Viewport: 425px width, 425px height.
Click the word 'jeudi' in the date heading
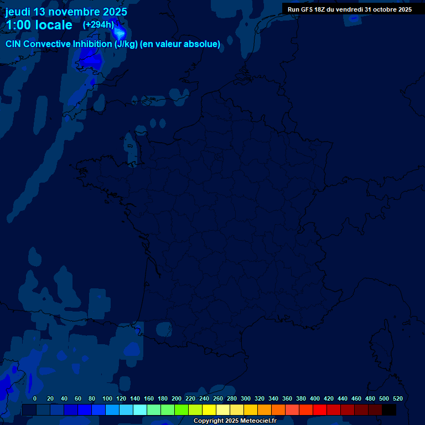pyautogui.click(x=18, y=12)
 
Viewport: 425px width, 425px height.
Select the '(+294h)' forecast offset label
pyautogui.click(x=98, y=24)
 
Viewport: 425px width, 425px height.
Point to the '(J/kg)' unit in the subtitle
pyautogui.click(x=126, y=44)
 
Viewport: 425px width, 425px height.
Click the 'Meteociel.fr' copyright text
pyautogui.click(x=258, y=421)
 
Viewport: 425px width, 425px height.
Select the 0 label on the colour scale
pyautogui.click(x=35, y=398)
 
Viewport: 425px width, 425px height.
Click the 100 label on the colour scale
pyautogui.click(x=107, y=398)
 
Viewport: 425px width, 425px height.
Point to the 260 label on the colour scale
pyautogui.click(x=218, y=398)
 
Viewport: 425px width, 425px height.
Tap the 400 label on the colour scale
pyautogui.click(x=315, y=398)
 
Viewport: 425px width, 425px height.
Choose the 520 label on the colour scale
pyautogui.click(x=398, y=398)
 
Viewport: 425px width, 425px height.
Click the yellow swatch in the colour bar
pyautogui.click(x=209, y=410)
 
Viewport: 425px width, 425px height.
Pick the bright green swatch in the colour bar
pyautogui.click(x=182, y=410)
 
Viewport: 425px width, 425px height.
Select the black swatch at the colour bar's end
pyautogui.click(x=389, y=410)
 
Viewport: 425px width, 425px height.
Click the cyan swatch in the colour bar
pyautogui.click(x=140, y=410)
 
